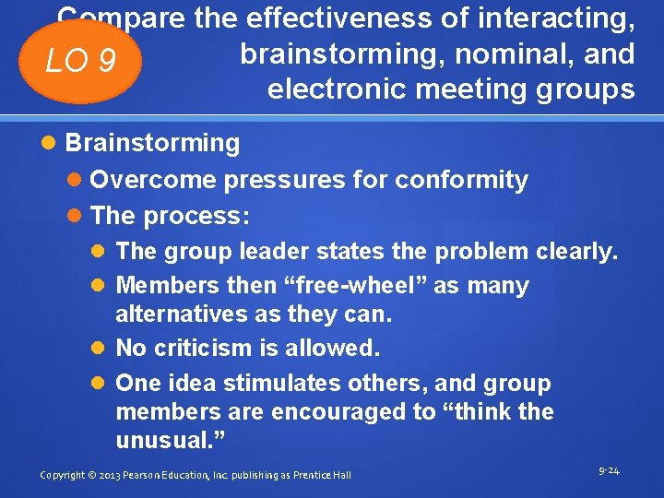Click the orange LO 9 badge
click(82, 62)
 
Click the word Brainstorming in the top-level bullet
click(152, 143)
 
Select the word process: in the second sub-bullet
click(196, 216)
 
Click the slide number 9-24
click(609, 471)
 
